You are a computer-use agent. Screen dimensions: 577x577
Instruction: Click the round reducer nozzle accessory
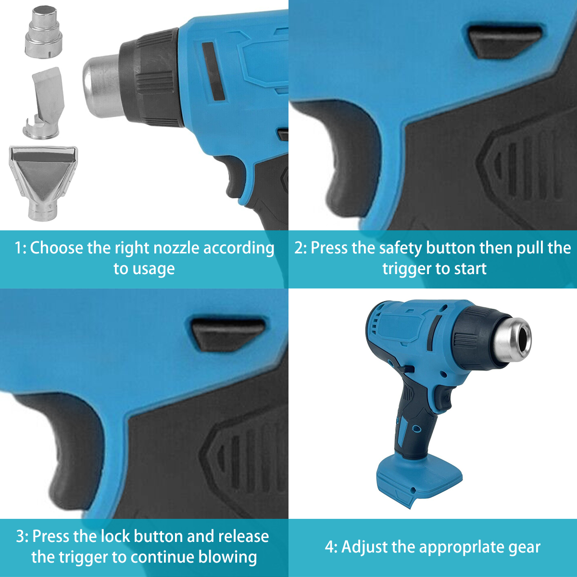(x=43, y=32)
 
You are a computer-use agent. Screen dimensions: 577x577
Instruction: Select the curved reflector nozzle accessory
(x=44, y=103)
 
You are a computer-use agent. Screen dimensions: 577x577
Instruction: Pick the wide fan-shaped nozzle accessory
(x=43, y=182)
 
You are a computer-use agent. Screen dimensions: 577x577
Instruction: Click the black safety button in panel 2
(x=505, y=41)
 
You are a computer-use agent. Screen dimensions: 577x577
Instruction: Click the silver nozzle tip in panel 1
(x=102, y=86)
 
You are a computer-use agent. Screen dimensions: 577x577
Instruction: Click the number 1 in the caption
(x=18, y=248)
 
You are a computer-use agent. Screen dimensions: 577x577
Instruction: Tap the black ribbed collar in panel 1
(x=151, y=77)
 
